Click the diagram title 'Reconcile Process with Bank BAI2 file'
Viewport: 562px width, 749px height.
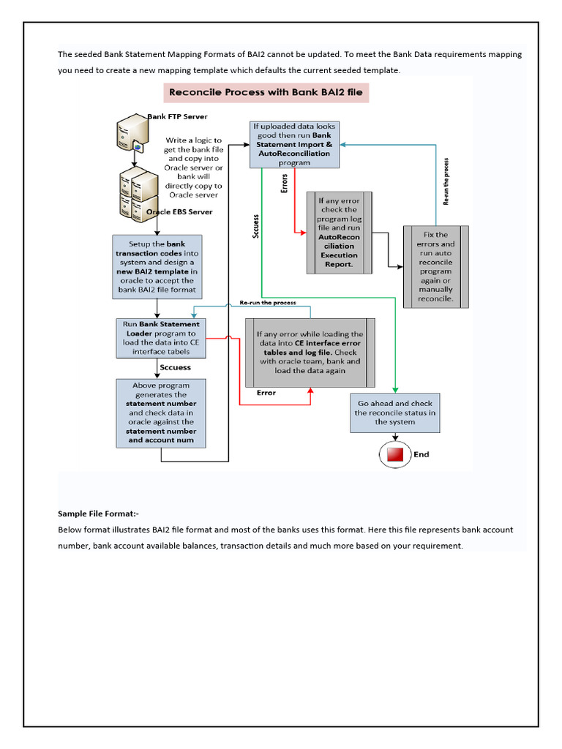pos(266,93)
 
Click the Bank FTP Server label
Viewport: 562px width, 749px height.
pos(178,116)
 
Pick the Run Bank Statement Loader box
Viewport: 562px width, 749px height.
pos(160,337)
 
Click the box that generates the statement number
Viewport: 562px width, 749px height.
pos(160,413)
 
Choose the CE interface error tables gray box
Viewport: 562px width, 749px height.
pos(310,353)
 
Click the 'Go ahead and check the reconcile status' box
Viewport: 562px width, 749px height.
pos(394,413)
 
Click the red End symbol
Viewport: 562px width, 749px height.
pos(394,454)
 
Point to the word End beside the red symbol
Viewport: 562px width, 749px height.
pos(421,454)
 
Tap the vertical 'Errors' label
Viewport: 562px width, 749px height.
pos(285,184)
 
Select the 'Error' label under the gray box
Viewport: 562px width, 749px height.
pos(266,393)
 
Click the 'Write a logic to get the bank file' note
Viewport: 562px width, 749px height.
pos(193,168)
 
